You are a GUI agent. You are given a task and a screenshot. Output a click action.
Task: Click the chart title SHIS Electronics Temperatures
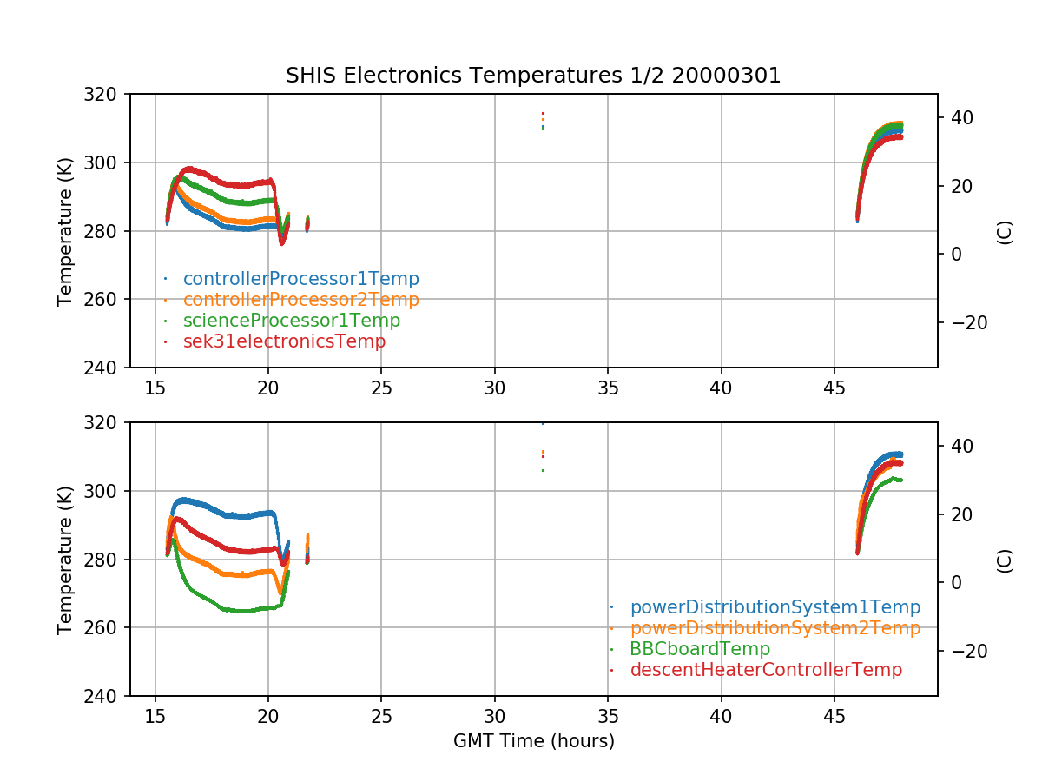[533, 76]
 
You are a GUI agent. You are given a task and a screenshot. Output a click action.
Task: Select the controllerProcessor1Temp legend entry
[300, 279]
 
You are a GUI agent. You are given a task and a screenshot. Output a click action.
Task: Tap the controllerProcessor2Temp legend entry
[300, 300]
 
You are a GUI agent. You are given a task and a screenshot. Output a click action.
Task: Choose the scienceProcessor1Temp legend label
[291, 321]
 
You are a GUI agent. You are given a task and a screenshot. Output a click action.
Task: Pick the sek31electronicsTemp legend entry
[284, 341]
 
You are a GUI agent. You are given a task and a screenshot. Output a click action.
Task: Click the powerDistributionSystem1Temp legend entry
[775, 607]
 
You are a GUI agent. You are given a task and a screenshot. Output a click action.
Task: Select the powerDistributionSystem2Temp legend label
[775, 628]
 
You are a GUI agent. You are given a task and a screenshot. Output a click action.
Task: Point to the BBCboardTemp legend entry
[700, 649]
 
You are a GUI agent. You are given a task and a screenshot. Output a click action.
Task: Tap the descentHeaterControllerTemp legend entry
[766, 670]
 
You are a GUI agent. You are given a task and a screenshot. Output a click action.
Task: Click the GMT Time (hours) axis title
[533, 741]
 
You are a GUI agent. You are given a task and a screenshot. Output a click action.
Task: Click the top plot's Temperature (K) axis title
[65, 231]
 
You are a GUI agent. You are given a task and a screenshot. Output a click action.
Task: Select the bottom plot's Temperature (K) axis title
[65, 560]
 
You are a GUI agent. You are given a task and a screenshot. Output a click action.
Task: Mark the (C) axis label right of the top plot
[1005, 232]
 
